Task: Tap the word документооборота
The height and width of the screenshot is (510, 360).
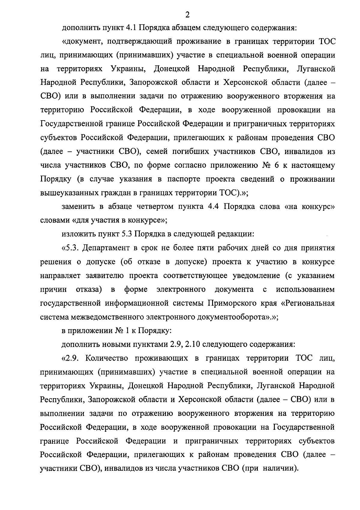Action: (231, 317)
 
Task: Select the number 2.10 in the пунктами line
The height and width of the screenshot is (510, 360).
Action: (193, 344)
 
